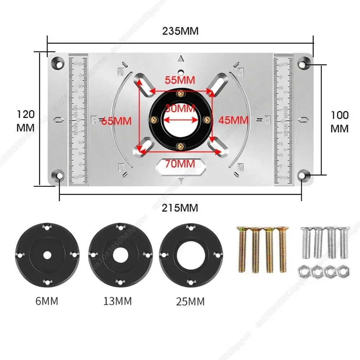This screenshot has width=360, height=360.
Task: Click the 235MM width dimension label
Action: (180, 31)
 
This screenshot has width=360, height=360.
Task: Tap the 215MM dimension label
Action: (180, 208)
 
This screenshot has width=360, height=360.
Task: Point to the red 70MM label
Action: (180, 164)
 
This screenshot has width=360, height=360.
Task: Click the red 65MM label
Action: (116, 121)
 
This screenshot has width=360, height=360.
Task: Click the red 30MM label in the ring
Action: (180, 108)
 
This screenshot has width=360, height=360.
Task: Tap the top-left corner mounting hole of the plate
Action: (57, 64)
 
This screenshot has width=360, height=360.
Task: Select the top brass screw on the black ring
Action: (180, 94)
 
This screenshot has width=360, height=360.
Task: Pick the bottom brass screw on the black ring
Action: (180, 145)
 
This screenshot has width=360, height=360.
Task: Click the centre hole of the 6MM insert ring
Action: (47, 255)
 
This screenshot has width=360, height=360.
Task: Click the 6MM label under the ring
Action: (47, 301)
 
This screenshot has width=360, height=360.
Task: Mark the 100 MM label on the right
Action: (339, 122)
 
